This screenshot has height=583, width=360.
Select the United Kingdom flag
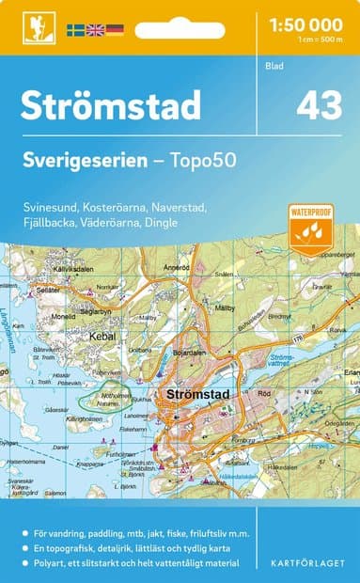click(96, 30)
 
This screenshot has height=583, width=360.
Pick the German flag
click(115, 30)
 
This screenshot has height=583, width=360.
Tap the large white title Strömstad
click(111, 104)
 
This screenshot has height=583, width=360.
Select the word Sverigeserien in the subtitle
click(82, 161)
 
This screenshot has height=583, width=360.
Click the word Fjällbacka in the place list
click(52, 222)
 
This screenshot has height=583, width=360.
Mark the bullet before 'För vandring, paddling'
click(25, 533)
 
